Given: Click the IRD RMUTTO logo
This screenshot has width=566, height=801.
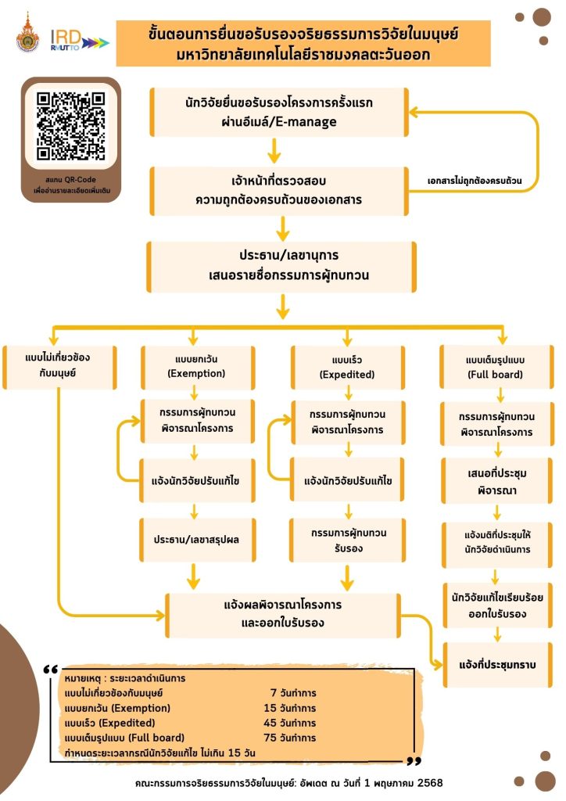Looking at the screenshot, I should pyautogui.click(x=78, y=39).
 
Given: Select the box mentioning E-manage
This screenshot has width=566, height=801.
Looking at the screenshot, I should pyautogui.click(x=278, y=112).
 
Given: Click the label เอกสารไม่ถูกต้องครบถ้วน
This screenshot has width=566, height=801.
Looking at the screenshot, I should pyautogui.click(x=475, y=181).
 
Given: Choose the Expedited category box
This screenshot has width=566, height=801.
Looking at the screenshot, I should pyautogui.click(x=347, y=366).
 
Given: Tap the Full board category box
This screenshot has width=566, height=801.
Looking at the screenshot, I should pyautogui.click(x=494, y=366).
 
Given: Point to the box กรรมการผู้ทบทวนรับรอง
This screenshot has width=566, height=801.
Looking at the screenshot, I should pyautogui.click(x=347, y=540).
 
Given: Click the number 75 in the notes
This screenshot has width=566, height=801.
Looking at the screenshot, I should pyautogui.click(x=270, y=737).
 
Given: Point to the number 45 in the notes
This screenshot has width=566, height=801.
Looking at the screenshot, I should pyautogui.click(x=270, y=722).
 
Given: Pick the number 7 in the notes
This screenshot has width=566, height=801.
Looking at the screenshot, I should pyautogui.click(x=273, y=693).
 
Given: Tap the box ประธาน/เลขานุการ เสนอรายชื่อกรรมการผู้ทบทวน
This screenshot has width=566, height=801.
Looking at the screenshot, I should pyautogui.click(x=278, y=266).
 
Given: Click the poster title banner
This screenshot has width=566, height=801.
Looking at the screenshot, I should pyautogui.click(x=303, y=46).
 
